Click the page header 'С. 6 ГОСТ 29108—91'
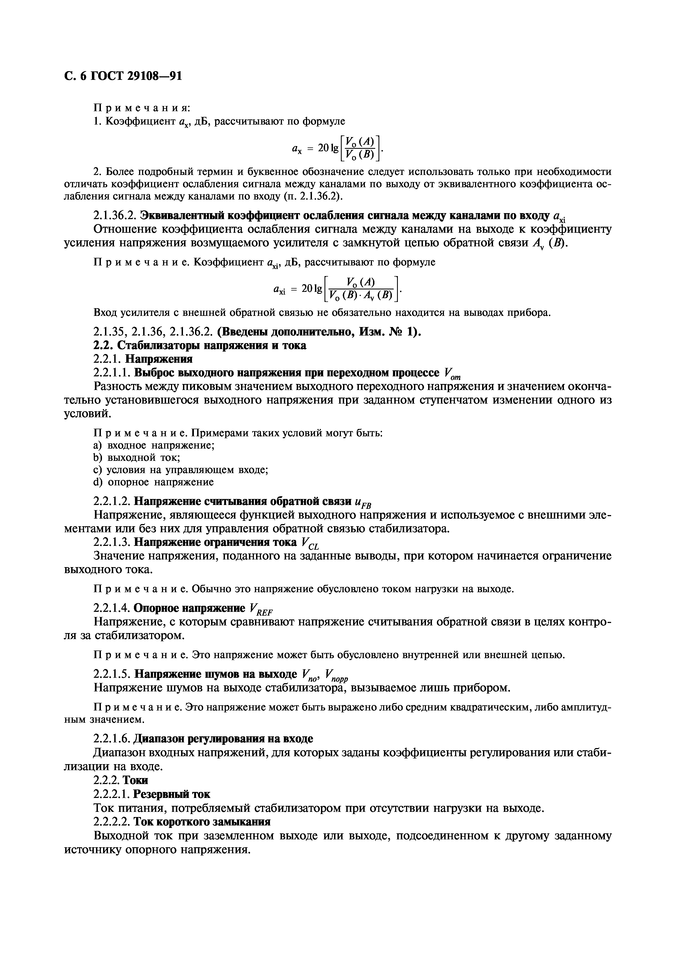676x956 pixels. click(123, 76)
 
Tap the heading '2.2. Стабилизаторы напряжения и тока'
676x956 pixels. click(200, 345)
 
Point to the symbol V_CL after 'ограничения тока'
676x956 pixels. click(310, 543)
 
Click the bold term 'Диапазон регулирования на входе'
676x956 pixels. click(223, 739)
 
